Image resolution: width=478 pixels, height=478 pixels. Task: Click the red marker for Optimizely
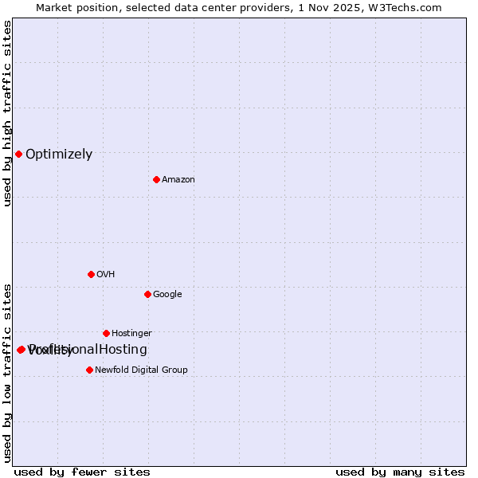(18, 154)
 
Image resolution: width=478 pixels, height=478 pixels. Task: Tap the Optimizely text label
(59, 155)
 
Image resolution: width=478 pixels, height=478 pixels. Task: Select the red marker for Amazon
(156, 179)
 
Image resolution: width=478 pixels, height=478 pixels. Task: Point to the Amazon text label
(178, 180)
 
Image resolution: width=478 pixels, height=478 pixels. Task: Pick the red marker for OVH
(91, 274)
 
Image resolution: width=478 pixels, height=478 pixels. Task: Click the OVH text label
(106, 275)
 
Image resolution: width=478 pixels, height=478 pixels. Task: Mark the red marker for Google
(147, 294)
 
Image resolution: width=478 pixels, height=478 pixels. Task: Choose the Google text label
(167, 295)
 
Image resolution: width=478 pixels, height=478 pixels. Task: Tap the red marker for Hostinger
(106, 333)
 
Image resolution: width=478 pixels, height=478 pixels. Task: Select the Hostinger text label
(131, 334)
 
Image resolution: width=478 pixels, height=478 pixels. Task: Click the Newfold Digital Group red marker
(89, 370)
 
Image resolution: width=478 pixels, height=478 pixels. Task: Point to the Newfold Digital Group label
(141, 370)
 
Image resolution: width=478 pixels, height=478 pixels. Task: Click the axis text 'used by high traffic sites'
(7, 113)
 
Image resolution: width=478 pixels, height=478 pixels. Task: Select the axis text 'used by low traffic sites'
(7, 373)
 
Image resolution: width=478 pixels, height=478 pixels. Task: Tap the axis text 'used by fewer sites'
(82, 472)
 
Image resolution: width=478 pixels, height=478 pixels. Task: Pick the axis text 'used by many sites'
(400, 472)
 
